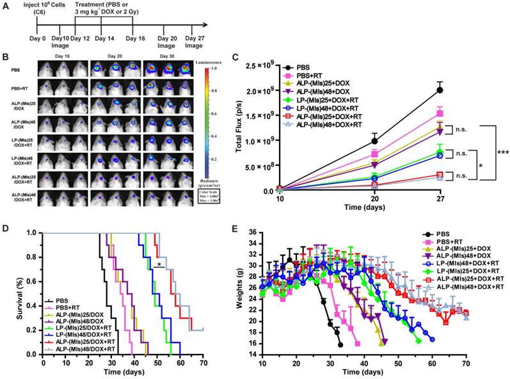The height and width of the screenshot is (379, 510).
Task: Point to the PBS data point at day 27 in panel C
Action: (440, 90)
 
